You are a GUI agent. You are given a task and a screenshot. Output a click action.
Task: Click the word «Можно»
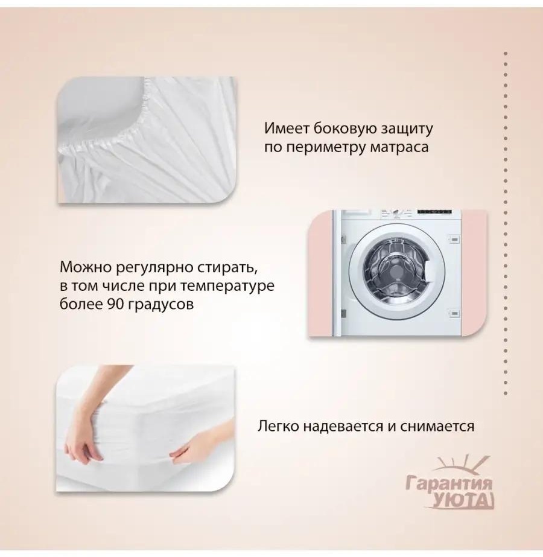85,267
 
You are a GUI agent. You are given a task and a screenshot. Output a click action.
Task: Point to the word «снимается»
437,426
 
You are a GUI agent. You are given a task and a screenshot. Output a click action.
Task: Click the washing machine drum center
393,272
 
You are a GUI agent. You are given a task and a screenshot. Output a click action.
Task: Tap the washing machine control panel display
434,212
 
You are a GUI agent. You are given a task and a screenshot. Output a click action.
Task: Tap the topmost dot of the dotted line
506,53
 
